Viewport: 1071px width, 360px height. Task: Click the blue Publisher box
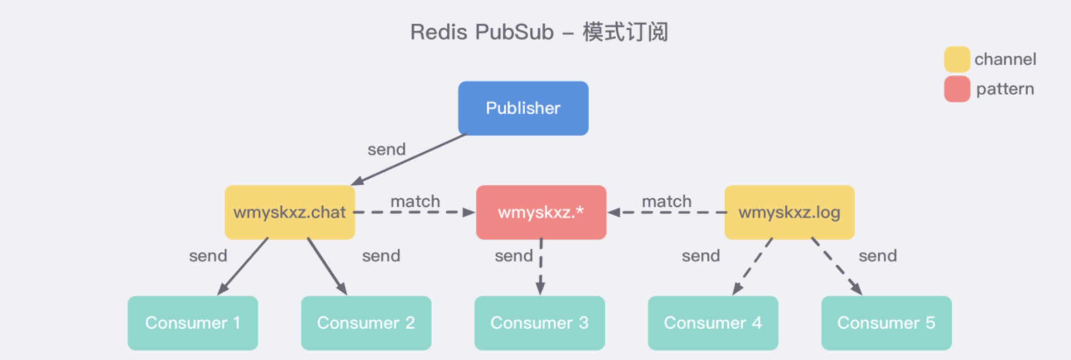point(523,108)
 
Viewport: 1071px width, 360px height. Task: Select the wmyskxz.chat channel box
point(289,212)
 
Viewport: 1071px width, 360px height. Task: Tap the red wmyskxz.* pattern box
point(541,212)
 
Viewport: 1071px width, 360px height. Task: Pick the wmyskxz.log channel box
point(789,212)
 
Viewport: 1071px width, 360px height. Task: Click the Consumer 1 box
point(193,323)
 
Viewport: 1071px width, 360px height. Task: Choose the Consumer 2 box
point(366,323)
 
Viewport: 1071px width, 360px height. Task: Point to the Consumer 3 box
point(539,323)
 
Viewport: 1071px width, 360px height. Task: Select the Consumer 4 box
point(713,323)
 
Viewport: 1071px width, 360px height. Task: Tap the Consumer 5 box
point(886,323)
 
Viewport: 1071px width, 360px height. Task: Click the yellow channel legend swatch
point(957,59)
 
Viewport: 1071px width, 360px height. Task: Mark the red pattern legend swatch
point(957,89)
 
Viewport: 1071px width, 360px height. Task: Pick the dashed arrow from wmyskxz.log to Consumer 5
point(837,266)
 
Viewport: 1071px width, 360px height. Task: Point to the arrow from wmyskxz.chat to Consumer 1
point(243,267)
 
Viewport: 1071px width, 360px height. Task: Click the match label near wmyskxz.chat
point(415,201)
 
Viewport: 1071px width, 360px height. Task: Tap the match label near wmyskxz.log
point(666,201)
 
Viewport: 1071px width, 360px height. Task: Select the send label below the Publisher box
point(386,149)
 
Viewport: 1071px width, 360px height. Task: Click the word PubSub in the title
point(514,32)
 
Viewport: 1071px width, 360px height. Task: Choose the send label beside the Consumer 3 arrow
point(514,256)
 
